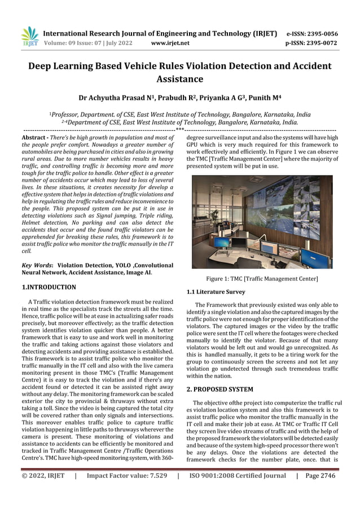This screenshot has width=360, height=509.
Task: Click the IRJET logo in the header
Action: point(29,37)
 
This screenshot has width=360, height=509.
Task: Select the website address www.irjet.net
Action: point(170,43)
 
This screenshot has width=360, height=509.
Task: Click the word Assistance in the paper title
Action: point(180,79)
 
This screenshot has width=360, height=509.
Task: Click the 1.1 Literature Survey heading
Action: point(216,292)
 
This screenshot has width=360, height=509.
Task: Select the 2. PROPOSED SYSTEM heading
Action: point(219,389)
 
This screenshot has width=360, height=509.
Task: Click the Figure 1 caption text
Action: point(262,279)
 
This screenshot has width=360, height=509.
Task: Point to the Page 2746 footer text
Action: point(320,476)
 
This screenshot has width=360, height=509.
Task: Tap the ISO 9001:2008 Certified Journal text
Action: point(238,476)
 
